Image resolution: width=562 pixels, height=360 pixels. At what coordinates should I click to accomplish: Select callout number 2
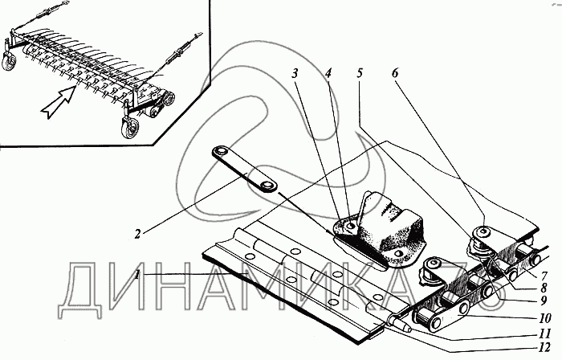pyautogui.click(x=137, y=234)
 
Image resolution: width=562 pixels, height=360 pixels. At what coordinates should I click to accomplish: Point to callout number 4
pyautogui.click(x=328, y=72)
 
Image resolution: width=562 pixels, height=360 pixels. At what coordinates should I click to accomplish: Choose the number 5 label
pyautogui.click(x=360, y=72)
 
